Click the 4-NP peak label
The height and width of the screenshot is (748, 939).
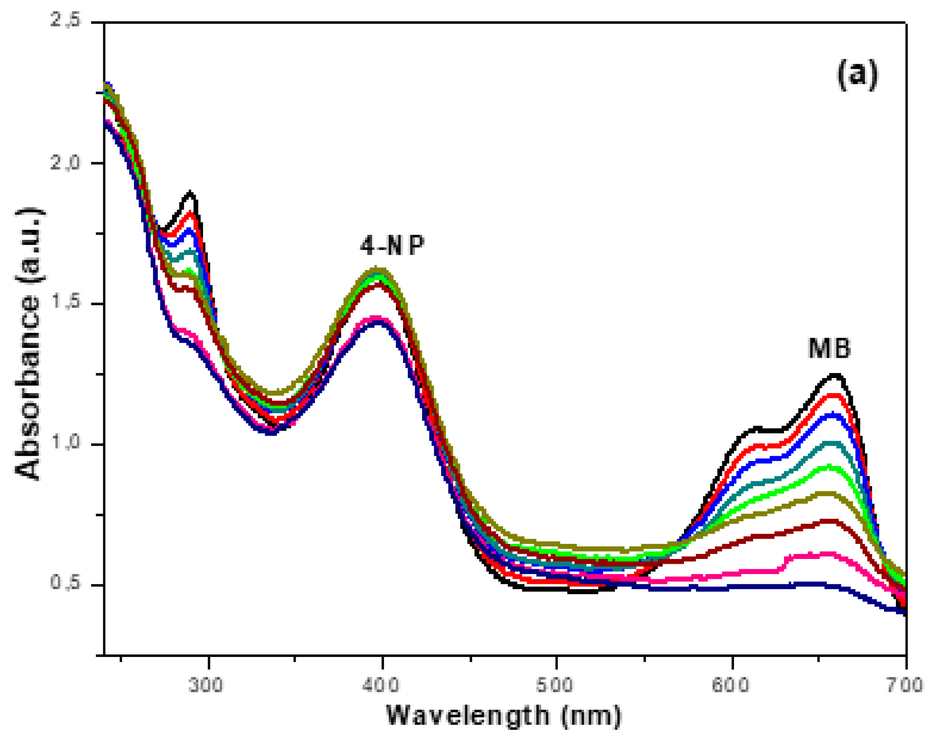click(x=392, y=246)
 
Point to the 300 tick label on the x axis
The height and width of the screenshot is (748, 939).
click(x=205, y=685)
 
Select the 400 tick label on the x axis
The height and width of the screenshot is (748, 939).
click(x=381, y=685)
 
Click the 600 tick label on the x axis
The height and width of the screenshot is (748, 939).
click(x=730, y=685)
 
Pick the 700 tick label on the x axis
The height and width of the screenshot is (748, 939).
click(x=906, y=685)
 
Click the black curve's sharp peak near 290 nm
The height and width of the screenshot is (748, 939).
click(x=190, y=192)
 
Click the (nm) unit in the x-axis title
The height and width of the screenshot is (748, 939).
click(x=591, y=716)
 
